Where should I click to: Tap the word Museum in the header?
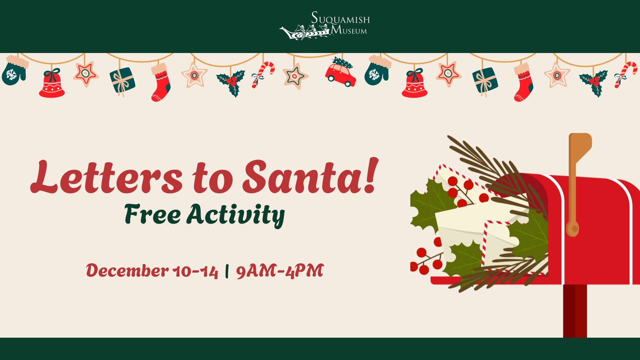pyautogui.click(x=349, y=31)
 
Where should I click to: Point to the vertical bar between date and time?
pyautogui.click(x=227, y=271)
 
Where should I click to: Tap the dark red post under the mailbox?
pyautogui.click(x=575, y=311)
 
